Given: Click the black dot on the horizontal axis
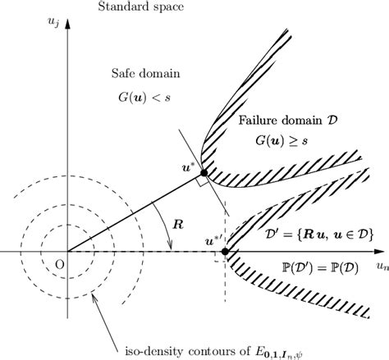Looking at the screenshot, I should [226, 250].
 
